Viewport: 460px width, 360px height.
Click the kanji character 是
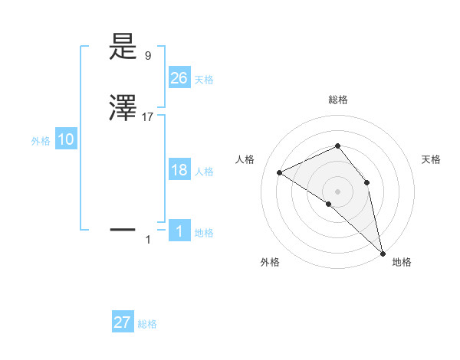pyautogui.click(x=123, y=47)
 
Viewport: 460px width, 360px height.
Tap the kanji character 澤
pyautogui.click(x=123, y=109)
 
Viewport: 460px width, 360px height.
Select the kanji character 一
pyautogui.click(x=123, y=228)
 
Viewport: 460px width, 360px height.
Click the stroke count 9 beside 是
pyautogui.click(x=148, y=56)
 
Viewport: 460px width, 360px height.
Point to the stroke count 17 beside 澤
pyautogui.click(x=148, y=117)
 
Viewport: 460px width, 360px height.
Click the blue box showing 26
pyautogui.click(x=179, y=77)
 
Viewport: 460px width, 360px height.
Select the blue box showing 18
pyautogui.click(x=179, y=170)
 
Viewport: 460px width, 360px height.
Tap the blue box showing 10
pyautogui.click(x=66, y=139)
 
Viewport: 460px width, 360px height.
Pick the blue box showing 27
pyautogui.click(x=123, y=322)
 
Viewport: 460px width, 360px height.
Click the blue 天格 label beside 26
pyautogui.click(x=204, y=80)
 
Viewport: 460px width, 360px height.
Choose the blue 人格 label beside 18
pyautogui.click(x=204, y=172)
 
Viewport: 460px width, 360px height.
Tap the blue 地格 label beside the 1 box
pyautogui.click(x=204, y=233)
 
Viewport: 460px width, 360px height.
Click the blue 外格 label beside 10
pyautogui.click(x=41, y=141)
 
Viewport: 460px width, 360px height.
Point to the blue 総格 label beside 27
pyautogui.click(x=147, y=325)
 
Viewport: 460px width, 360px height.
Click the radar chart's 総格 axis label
pyautogui.click(x=338, y=100)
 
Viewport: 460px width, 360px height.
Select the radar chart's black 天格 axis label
pyautogui.click(x=432, y=159)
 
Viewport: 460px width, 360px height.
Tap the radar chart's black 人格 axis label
pyautogui.click(x=245, y=159)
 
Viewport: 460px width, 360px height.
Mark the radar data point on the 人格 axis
pyautogui.click(x=280, y=172)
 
